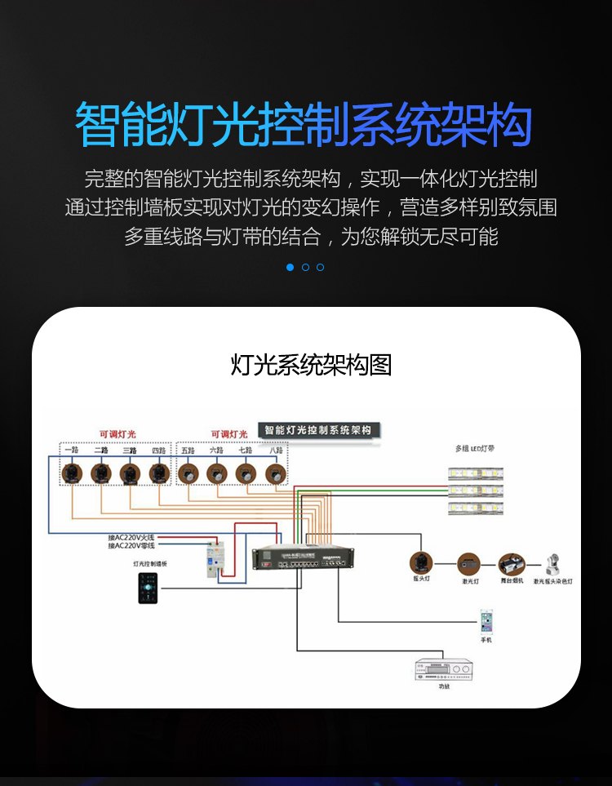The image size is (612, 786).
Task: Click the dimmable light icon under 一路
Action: (x=72, y=473)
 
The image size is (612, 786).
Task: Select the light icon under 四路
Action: (x=159, y=473)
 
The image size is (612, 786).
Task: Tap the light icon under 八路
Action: (x=274, y=473)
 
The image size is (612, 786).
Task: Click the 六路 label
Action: (x=216, y=451)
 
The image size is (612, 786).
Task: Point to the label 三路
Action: (x=130, y=451)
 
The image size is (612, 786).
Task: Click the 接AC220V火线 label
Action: (x=131, y=537)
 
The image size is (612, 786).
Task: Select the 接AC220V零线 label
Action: (x=131, y=546)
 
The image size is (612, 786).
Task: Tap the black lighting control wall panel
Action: (x=148, y=588)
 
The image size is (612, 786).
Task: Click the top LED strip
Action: (x=476, y=473)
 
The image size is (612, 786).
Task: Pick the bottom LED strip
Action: (x=476, y=508)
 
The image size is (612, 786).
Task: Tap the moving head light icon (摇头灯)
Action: (x=421, y=562)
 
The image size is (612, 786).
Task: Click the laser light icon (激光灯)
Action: (x=468, y=562)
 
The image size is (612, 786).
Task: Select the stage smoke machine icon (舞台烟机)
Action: (x=511, y=563)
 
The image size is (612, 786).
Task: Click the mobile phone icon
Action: (x=486, y=621)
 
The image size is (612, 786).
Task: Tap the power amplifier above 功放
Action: (x=443, y=670)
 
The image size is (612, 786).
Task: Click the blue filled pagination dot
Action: (x=290, y=267)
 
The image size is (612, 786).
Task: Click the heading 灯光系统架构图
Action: (x=311, y=365)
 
